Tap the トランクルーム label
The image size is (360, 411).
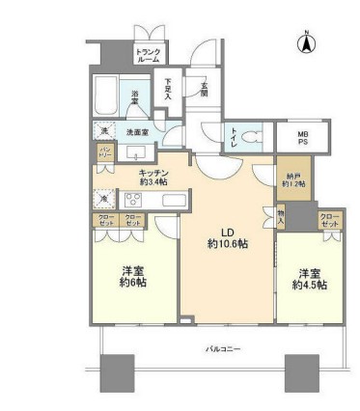tap(148, 55)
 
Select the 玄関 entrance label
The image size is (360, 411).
tap(206, 88)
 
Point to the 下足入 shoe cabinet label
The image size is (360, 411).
tap(169, 90)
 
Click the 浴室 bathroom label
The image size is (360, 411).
tap(136, 95)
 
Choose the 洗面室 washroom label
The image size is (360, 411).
tap(135, 132)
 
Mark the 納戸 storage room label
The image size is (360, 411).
tap(294, 178)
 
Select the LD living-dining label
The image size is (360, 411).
tap(227, 233)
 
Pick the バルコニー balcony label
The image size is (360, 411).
tap(222, 346)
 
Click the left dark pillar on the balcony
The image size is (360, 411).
tap(117, 371)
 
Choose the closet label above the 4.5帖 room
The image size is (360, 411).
tap(330, 219)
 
